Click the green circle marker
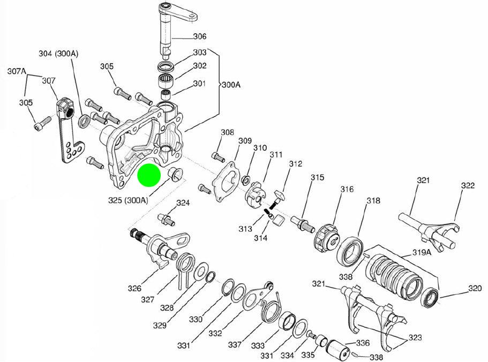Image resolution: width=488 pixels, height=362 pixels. tap(149, 176)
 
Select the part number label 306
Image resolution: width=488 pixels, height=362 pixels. tap(199, 37)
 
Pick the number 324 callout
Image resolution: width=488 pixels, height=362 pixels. tap(183, 203)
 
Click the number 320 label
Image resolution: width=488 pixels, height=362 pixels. tap(475, 288)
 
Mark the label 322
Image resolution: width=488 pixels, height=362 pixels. tap(468, 186)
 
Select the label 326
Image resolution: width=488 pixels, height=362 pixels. tap(134, 289)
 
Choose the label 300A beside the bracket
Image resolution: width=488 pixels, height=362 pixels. tap(232, 85)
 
